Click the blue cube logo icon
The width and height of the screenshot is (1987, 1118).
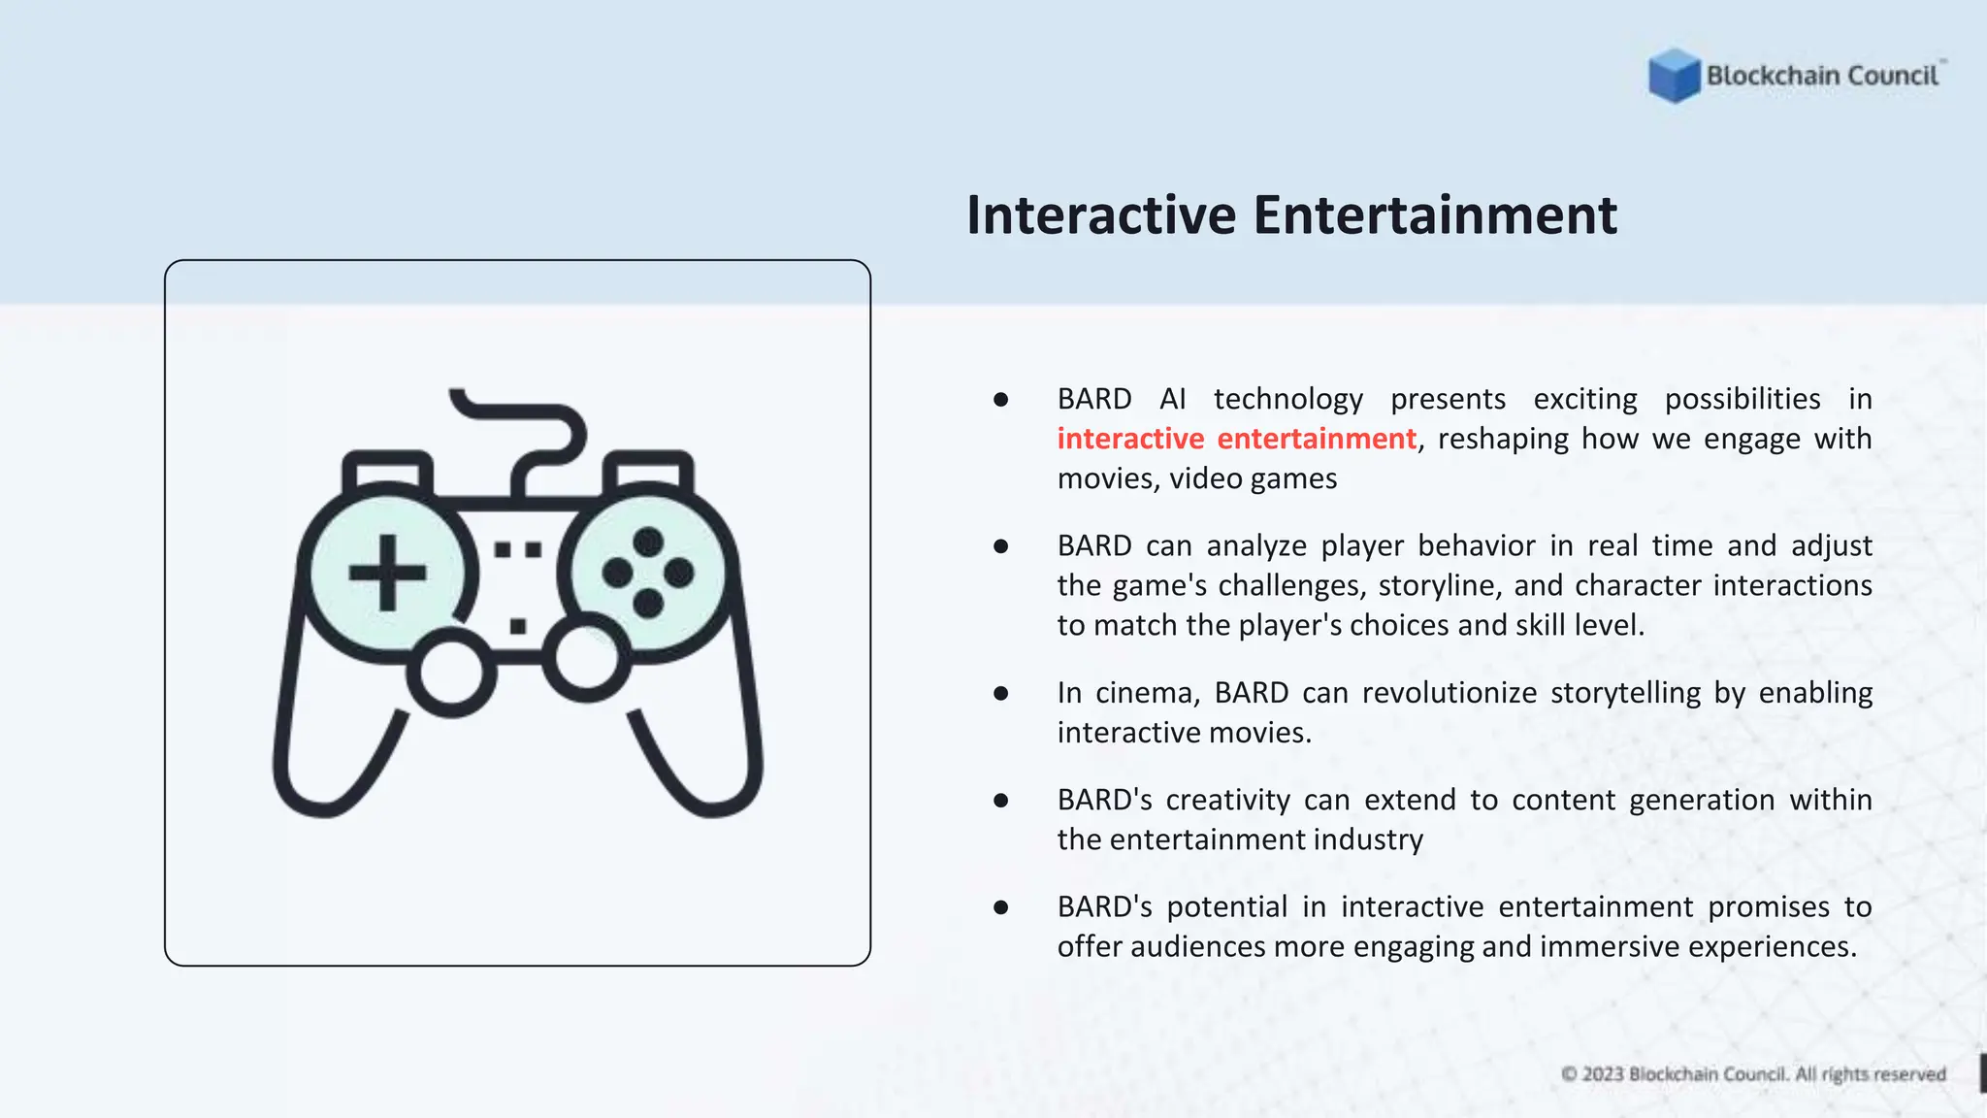[x=1674, y=76]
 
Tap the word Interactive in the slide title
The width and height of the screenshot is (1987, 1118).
[x=1100, y=215]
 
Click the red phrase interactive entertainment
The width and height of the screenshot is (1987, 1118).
[x=1236, y=439]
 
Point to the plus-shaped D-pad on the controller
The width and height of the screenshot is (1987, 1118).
[x=388, y=573]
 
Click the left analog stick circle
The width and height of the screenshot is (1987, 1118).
[x=451, y=672]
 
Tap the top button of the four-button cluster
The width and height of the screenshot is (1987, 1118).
[x=648, y=542]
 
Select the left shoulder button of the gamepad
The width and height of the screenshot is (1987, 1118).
[x=388, y=472]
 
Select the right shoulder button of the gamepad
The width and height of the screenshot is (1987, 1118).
[x=648, y=472]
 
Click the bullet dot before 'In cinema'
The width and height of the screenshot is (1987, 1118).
[x=1001, y=693]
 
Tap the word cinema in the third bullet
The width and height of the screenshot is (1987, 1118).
[x=1148, y=693]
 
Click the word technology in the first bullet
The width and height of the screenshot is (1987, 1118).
[x=1287, y=399]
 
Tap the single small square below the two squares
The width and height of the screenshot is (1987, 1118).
[x=518, y=626]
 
